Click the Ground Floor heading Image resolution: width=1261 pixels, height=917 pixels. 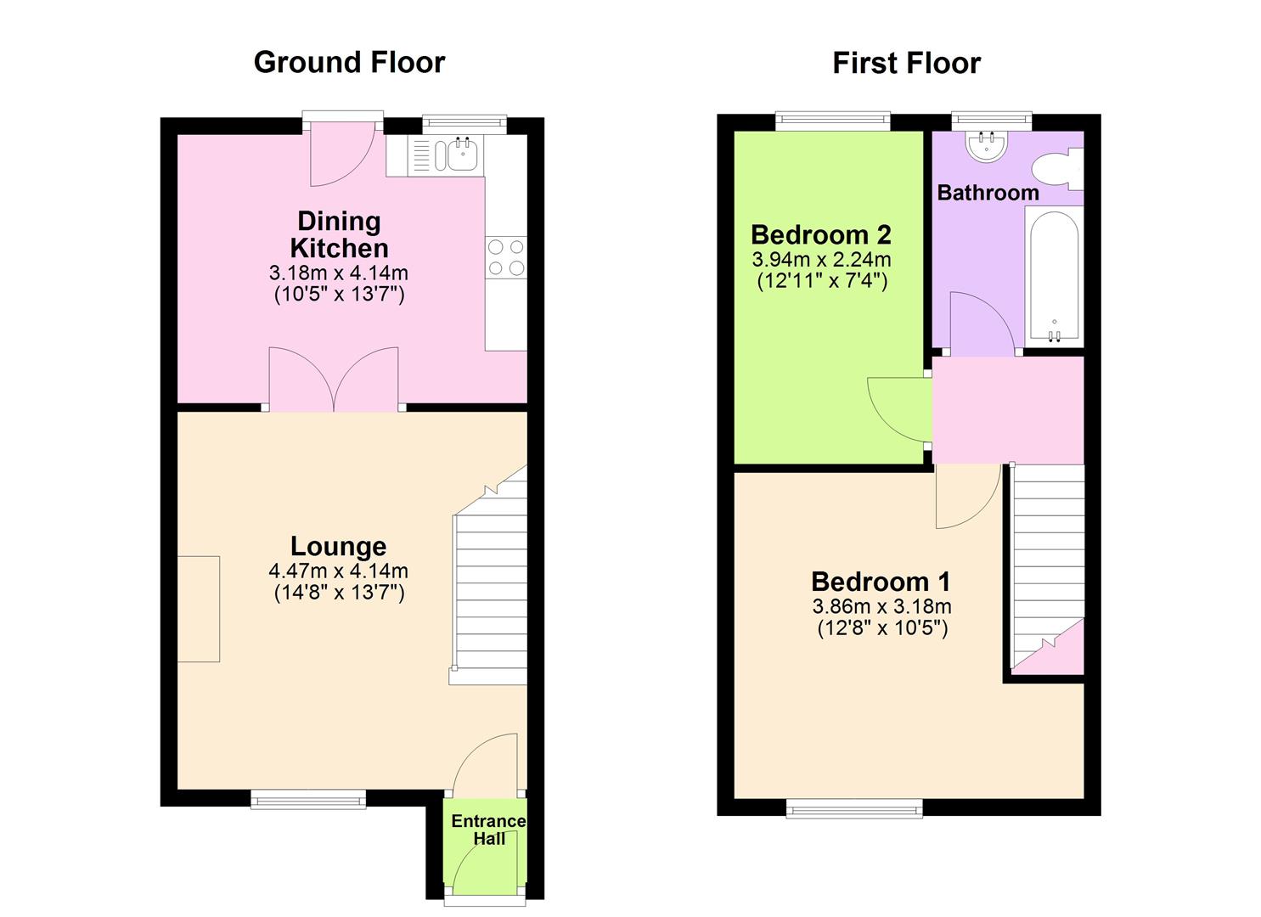tap(349, 63)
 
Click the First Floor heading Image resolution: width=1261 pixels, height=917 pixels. tap(906, 63)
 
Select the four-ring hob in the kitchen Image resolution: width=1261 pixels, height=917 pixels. tap(505, 257)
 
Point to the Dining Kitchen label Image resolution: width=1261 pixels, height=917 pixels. tap(339, 235)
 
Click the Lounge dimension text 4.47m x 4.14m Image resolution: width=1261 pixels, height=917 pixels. tap(338, 571)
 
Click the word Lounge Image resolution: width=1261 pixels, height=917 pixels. tap(338, 546)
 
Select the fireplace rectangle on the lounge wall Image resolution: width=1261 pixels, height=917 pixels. tap(199, 609)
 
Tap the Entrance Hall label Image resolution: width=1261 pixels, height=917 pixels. tap(488, 830)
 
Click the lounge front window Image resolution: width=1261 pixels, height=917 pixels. tap(308, 798)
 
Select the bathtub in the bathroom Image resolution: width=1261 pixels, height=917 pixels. tap(1053, 276)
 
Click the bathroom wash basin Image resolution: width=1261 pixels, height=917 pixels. tap(986, 145)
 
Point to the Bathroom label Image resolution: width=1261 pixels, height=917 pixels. tap(988, 193)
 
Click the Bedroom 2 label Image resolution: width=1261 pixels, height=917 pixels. tap(821, 234)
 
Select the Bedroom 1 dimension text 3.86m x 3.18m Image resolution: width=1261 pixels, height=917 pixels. tap(881, 606)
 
